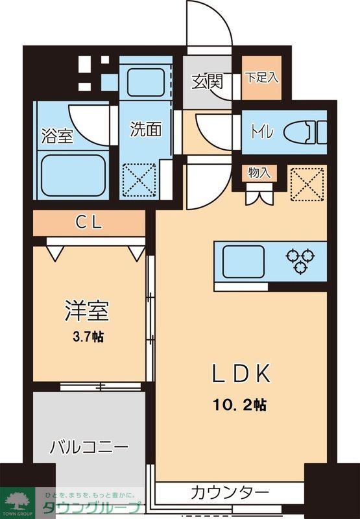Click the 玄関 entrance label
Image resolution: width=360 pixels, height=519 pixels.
(x=208, y=82)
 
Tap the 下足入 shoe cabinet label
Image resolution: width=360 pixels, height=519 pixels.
(x=261, y=77)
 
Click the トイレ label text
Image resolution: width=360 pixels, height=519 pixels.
(x=263, y=131)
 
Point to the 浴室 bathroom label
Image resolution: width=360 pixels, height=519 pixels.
(x=56, y=136)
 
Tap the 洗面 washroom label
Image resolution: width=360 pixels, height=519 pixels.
(x=145, y=129)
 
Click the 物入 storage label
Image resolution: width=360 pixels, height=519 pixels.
(x=259, y=173)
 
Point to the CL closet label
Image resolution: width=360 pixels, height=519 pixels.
(x=89, y=223)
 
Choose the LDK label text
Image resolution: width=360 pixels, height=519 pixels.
(x=241, y=374)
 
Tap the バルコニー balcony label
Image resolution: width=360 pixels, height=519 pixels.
(x=90, y=447)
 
